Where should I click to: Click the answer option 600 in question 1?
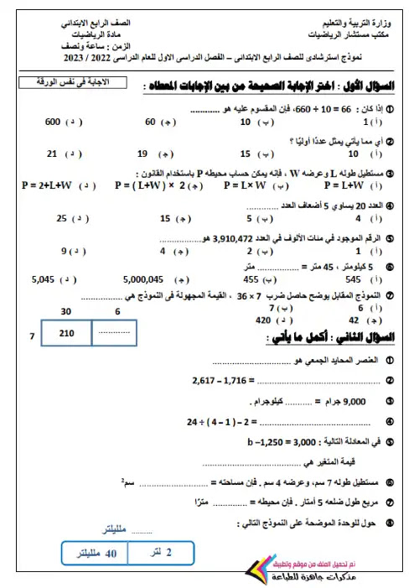click(52, 122)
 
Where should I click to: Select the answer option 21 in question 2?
click(52, 154)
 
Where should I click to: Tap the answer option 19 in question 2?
click(142, 154)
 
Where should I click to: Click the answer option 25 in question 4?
click(61, 218)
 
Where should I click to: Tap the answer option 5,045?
click(43, 278)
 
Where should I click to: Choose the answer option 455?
click(250, 278)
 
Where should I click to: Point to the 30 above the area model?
click(65, 310)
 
